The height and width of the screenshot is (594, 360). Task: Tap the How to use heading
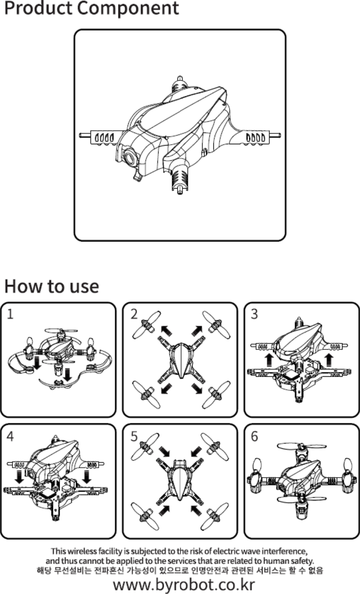point(52,286)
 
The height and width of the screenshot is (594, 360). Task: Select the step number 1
point(10,314)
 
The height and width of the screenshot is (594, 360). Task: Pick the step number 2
point(134,314)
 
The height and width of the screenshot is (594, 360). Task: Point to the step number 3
point(254,314)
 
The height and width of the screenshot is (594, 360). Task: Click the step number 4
point(10,435)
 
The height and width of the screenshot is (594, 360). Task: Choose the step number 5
point(134,435)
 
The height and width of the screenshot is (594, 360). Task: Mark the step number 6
point(254,435)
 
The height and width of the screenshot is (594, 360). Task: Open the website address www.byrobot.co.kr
point(184,584)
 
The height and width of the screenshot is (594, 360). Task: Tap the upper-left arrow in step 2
point(165,331)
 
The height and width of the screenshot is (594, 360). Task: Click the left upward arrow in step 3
point(269,359)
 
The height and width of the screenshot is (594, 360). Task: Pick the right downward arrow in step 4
point(87,478)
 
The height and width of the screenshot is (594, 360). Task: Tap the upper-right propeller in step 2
point(216,325)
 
